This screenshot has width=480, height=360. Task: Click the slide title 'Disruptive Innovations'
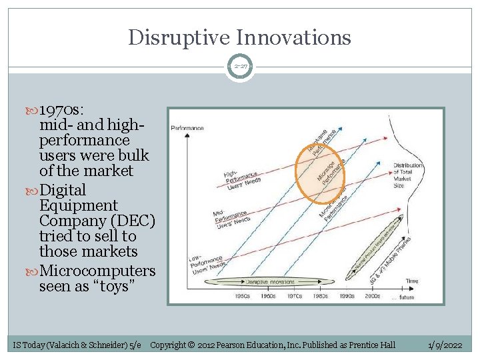239,37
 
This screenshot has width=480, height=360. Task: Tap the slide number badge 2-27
239,67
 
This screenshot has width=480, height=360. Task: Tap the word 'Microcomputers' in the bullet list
97,271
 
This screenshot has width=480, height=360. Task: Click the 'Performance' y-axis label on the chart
187,127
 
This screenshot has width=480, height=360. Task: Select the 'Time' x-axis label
412,281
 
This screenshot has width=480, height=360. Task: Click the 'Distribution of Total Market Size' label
407,175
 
